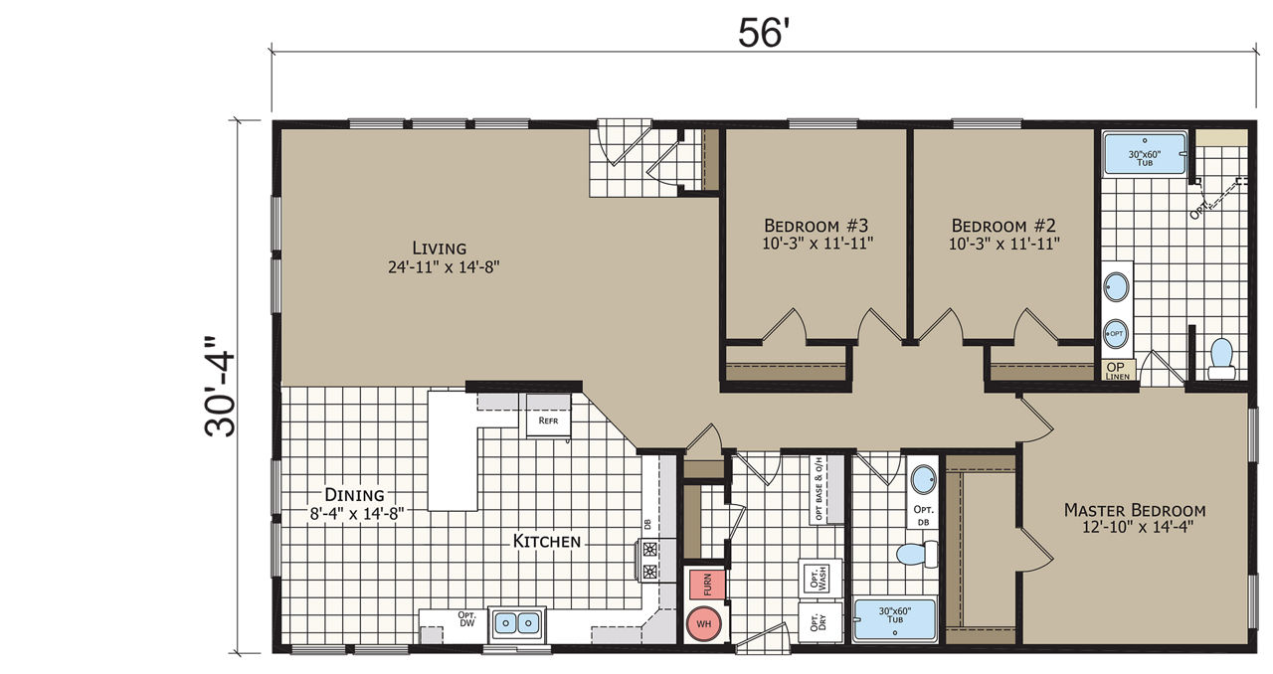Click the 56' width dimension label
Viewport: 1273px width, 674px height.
(x=764, y=33)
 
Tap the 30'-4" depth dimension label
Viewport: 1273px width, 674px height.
(x=220, y=387)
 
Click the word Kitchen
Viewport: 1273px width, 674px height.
(x=547, y=541)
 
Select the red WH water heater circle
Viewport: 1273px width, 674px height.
(x=703, y=623)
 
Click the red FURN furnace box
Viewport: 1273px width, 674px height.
(x=707, y=585)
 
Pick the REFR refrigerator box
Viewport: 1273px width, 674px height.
(x=548, y=420)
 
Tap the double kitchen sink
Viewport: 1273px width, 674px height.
(x=516, y=623)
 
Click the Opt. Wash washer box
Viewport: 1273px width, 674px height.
(x=820, y=578)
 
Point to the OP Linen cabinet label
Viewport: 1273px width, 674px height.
(x=1118, y=371)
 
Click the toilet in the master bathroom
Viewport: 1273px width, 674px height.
(x=1220, y=359)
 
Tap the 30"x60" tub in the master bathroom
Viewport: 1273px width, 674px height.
(x=1144, y=153)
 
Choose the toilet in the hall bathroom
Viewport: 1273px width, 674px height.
(x=917, y=554)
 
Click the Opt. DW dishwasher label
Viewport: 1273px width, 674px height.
(x=466, y=619)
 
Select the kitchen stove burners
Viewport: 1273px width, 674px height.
(x=650, y=560)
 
